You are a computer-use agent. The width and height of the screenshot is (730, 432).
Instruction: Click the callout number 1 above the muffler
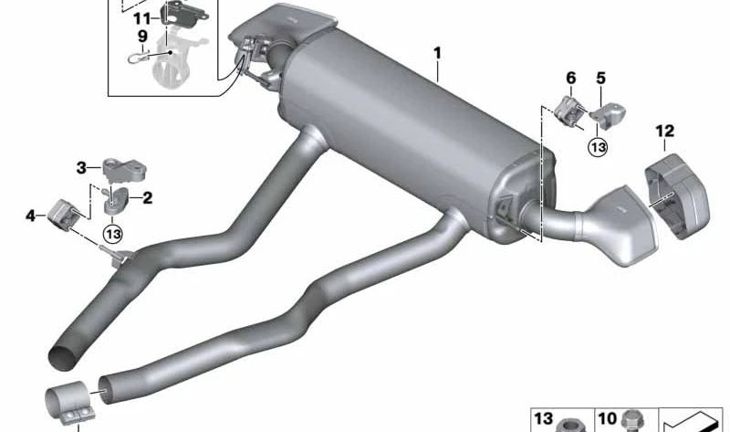click(x=437, y=54)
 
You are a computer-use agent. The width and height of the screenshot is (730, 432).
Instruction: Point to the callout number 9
click(x=142, y=37)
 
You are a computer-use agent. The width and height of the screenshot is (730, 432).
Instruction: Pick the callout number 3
click(x=81, y=167)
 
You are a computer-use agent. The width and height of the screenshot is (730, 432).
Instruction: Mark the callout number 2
click(x=147, y=195)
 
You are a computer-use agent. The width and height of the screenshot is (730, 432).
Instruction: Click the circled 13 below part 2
click(x=112, y=234)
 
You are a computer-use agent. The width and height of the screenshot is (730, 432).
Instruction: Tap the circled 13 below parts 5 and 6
click(x=598, y=146)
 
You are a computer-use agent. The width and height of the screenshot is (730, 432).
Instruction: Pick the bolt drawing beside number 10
click(x=631, y=422)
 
